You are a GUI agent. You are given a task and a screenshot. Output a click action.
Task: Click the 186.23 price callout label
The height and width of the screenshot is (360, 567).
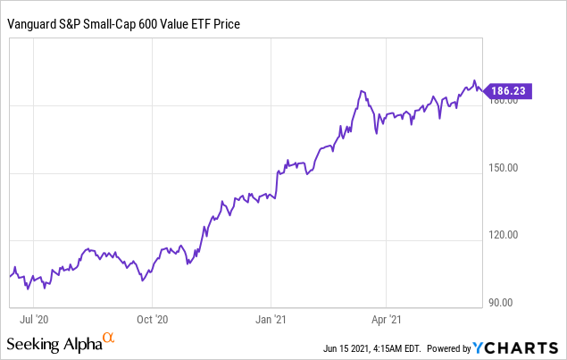click(x=512, y=89)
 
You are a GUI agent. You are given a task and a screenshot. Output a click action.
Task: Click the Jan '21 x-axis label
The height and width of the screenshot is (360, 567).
click(x=271, y=317)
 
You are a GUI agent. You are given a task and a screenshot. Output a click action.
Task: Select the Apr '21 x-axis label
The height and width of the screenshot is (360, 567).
click(x=385, y=317)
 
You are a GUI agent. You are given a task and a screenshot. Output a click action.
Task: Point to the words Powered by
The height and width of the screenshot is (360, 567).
click(x=451, y=347)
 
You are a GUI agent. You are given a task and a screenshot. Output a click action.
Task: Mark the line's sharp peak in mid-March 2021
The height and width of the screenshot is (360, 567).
click(x=361, y=91)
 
